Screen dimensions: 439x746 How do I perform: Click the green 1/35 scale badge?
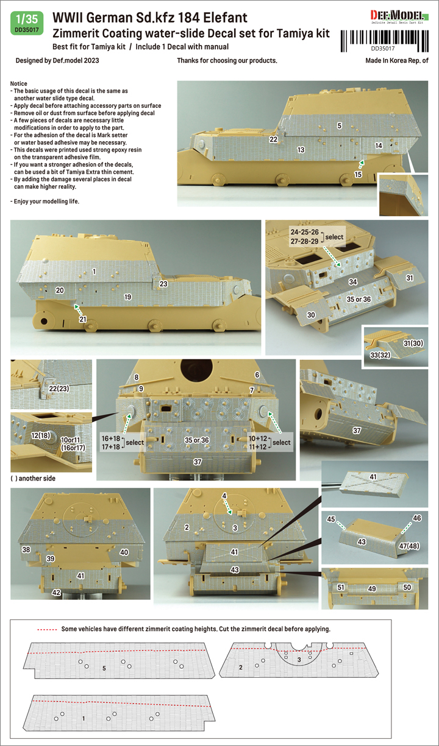click(x=27, y=23)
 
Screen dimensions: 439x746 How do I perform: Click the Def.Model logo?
click(x=399, y=16)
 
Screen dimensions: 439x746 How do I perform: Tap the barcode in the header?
click(x=384, y=41)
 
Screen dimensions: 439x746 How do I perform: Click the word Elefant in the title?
click(x=225, y=18)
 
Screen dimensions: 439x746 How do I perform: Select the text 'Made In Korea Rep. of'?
click(x=397, y=60)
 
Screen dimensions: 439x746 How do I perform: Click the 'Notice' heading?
click(x=19, y=83)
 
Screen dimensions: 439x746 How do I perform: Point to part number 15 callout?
click(x=358, y=174)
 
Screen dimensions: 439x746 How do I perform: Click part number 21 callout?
click(x=82, y=318)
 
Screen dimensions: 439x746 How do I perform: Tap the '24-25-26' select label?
click(x=304, y=232)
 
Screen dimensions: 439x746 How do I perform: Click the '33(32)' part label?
click(x=380, y=354)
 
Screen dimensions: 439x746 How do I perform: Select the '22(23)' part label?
click(x=59, y=389)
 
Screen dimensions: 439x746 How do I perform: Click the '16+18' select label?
click(x=111, y=438)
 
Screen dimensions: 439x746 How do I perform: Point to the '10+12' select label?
click(x=258, y=438)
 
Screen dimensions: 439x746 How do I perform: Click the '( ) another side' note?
click(x=33, y=478)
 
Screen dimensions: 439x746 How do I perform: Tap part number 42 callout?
click(x=56, y=593)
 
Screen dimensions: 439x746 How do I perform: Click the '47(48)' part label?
click(x=409, y=546)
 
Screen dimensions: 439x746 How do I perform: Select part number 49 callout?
click(x=372, y=588)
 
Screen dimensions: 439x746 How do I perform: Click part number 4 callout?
click(x=224, y=496)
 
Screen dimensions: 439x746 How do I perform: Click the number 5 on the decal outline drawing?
click(x=104, y=668)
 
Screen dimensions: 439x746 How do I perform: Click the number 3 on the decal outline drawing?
click(x=299, y=660)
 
